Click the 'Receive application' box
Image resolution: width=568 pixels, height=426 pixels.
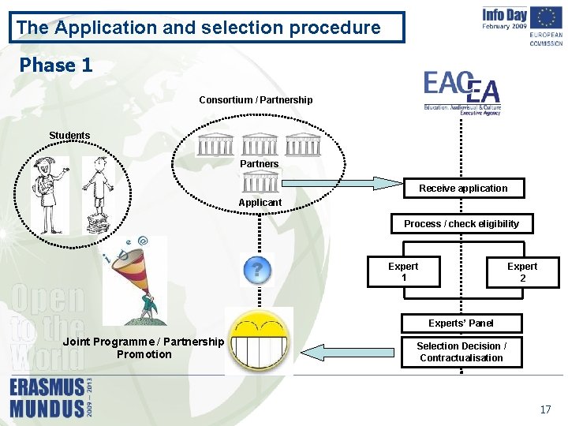click(463, 189)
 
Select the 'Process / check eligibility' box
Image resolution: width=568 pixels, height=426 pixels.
click(461, 224)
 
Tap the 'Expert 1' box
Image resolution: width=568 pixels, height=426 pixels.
click(403, 272)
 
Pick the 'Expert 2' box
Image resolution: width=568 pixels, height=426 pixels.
click(521, 272)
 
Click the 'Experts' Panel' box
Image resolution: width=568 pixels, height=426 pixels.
click(461, 323)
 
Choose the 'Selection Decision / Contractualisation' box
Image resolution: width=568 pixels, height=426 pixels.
click(461, 352)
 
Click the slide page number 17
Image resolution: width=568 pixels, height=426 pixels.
click(545, 409)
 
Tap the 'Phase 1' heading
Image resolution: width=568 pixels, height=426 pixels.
click(56, 65)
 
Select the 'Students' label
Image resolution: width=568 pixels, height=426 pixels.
click(69, 136)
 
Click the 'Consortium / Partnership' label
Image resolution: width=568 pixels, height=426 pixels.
click(256, 100)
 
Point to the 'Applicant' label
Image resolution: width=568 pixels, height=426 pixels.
click(260, 203)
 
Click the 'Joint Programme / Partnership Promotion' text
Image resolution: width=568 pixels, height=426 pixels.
click(144, 348)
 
